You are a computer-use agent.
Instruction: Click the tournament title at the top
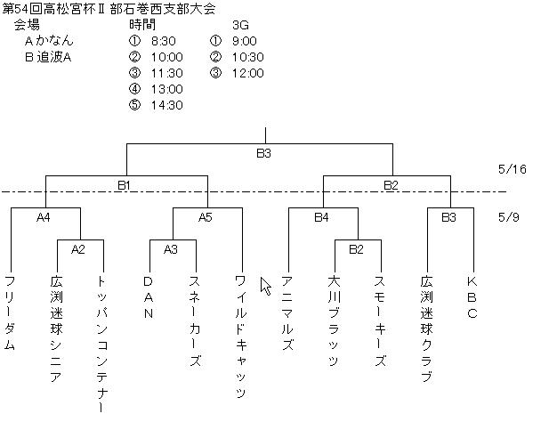point(109,9)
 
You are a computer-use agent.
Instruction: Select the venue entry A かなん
point(49,41)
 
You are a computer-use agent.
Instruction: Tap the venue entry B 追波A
point(48,57)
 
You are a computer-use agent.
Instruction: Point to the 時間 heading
point(142,25)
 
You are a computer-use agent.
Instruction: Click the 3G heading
point(240,25)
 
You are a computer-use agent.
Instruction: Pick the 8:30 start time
point(164,41)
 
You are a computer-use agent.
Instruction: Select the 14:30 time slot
point(167,105)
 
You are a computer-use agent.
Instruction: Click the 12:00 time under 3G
point(248,73)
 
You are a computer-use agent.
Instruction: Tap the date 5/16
point(513,169)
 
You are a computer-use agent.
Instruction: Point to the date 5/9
point(509,217)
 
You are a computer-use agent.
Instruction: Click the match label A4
point(44,217)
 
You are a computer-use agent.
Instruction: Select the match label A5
point(206,217)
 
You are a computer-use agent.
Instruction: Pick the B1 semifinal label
point(125,185)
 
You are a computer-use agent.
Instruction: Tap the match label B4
point(321,217)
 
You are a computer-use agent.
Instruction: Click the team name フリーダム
point(10,312)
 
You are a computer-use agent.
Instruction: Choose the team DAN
point(148,297)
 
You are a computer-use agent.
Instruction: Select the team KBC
point(472,297)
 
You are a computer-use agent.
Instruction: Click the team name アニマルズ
point(287,312)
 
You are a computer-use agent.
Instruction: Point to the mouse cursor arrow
point(265,286)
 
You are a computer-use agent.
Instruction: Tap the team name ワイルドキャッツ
point(241,337)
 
